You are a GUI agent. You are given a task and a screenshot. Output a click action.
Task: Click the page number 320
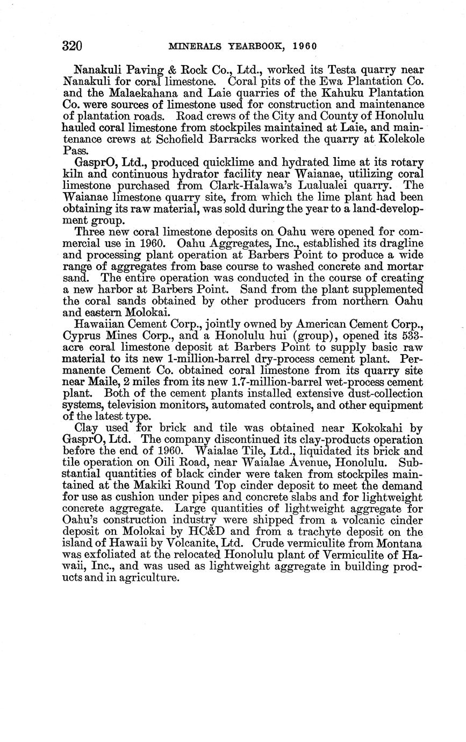[x=71, y=46]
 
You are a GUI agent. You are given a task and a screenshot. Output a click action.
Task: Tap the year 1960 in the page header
[x=305, y=46]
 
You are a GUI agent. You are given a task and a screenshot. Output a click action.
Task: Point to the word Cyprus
[x=82, y=336]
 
